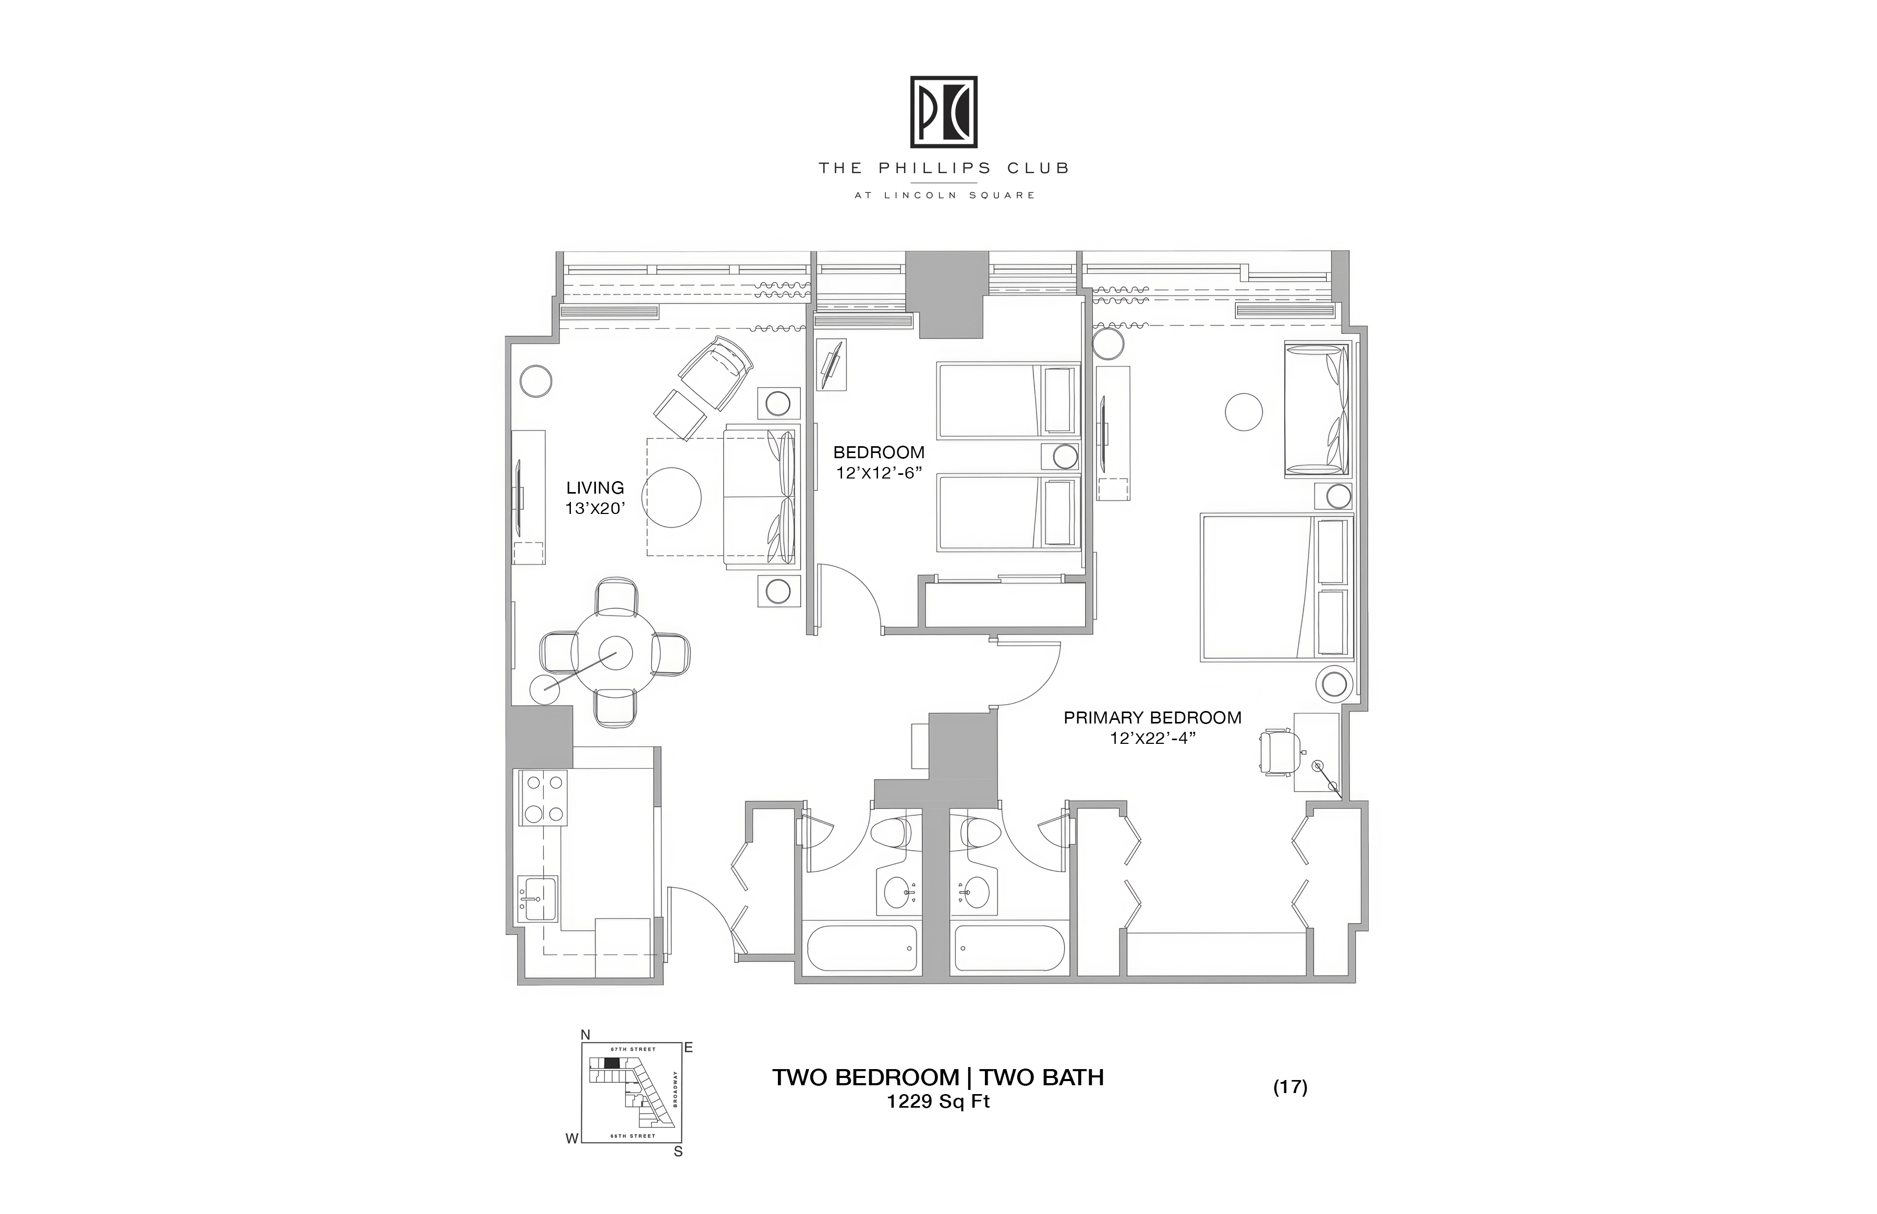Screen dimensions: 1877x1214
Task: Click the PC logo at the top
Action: click(x=944, y=112)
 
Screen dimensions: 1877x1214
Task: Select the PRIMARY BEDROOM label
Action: click(x=1152, y=717)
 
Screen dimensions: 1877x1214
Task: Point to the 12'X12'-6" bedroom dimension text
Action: click(x=879, y=473)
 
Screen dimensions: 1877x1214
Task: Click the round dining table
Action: click(x=615, y=652)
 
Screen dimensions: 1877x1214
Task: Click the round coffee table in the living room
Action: click(x=674, y=497)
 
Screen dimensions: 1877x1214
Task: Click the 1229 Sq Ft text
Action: click(x=938, y=1102)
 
